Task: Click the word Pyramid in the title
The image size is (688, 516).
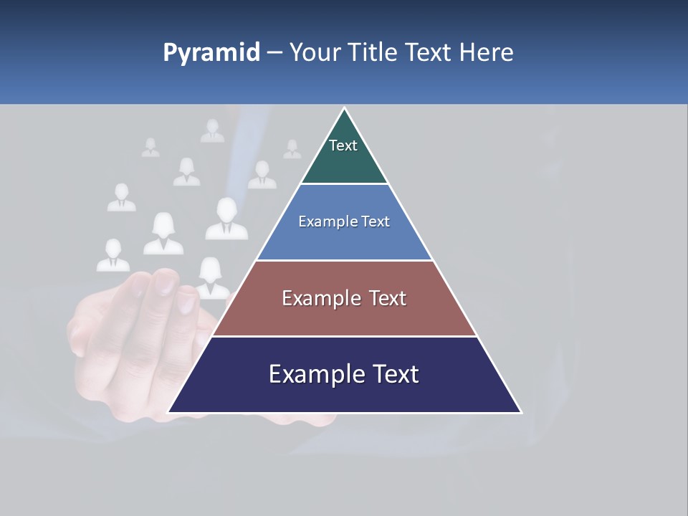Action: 211,53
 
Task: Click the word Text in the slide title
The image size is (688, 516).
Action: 428,52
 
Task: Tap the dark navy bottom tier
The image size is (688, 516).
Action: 344,394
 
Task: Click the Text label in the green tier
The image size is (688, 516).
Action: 343,146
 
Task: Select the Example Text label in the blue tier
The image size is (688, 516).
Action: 344,222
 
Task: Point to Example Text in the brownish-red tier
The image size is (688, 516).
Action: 344,298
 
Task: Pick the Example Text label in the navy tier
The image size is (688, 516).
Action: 344,374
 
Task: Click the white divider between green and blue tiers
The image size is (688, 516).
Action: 344,184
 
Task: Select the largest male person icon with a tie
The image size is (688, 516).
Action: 226,219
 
